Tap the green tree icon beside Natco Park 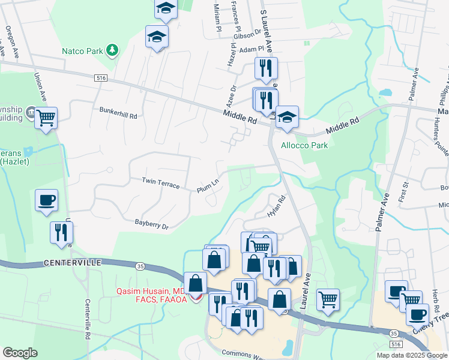(111, 49)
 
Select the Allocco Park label (305, 146)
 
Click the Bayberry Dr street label (152, 223)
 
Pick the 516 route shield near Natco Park (100, 78)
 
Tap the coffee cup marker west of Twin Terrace (46, 200)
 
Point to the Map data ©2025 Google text (411, 355)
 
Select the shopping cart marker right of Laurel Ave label (328, 299)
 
